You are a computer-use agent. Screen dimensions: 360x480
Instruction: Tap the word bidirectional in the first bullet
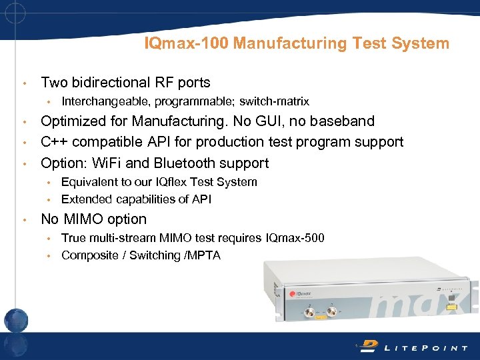pyautogui.click(x=118, y=83)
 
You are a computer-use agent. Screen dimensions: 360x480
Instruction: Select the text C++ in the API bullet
pyautogui.click(x=55, y=142)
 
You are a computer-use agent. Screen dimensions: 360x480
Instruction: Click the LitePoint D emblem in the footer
pyautogui.click(x=369, y=345)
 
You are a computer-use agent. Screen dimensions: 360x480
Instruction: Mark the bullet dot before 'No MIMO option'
pyautogui.click(x=24, y=220)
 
